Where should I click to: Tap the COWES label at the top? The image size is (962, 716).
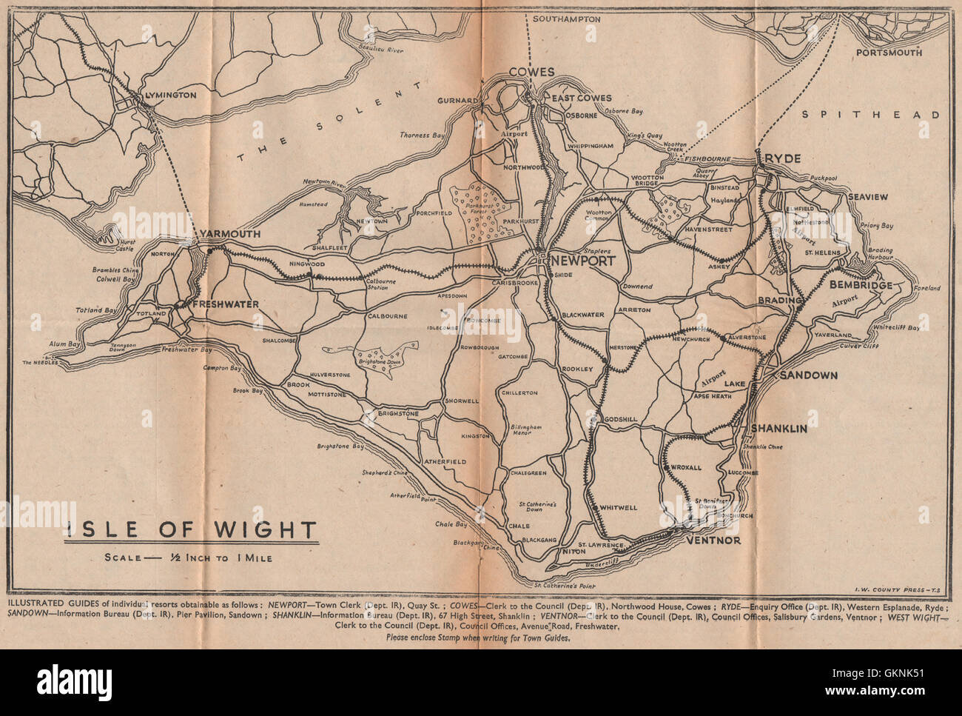[531, 73]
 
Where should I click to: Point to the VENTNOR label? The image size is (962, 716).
[713, 541]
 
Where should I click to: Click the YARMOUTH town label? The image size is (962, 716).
[229, 234]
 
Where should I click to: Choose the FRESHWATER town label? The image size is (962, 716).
[225, 304]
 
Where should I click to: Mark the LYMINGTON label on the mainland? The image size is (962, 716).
[170, 96]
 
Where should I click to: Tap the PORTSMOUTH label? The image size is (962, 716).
[889, 53]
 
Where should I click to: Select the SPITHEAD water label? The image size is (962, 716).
[872, 115]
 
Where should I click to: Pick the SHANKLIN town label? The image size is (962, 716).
[778, 429]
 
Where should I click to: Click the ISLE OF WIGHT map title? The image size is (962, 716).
[191, 530]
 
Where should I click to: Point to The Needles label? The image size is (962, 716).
[38, 363]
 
